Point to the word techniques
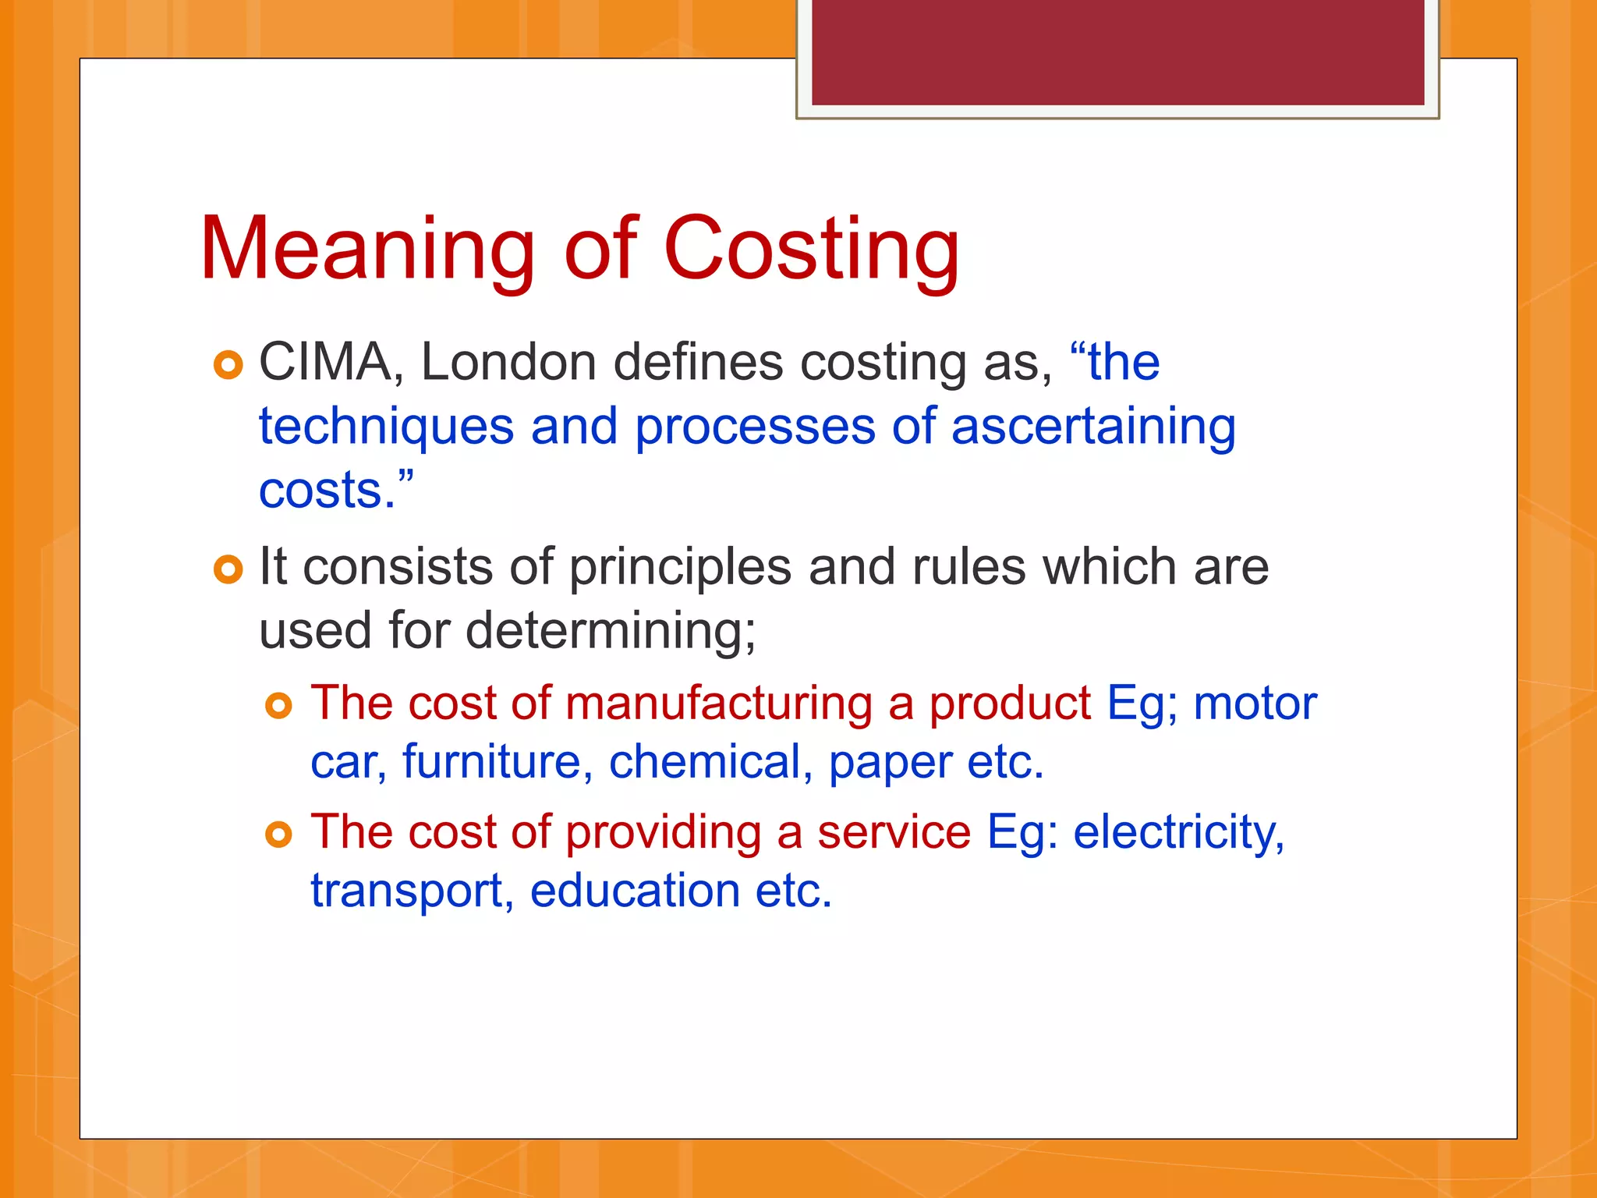[386, 427]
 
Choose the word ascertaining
[1093, 427]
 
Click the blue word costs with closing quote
[335, 490]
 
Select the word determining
[611, 630]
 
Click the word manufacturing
[718, 703]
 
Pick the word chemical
[705, 762]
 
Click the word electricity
[1178, 832]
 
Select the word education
[635, 891]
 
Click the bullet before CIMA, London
[228, 365]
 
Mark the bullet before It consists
[228, 569]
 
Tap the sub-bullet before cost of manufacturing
[278, 706]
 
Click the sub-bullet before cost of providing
[278, 835]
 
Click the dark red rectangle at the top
[1117, 52]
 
